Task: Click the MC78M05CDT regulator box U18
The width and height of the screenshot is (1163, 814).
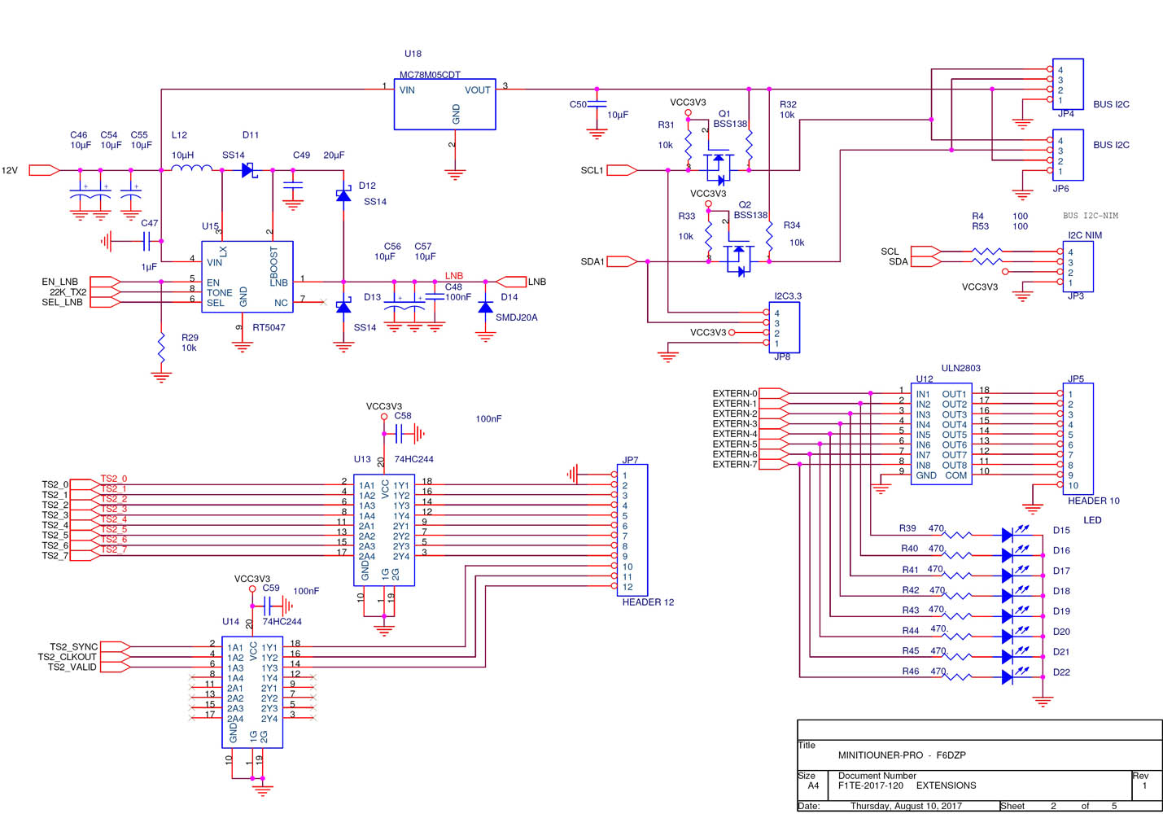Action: (444, 104)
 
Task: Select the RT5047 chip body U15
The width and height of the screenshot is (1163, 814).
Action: (247, 277)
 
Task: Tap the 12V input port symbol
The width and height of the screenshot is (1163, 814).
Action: (44, 170)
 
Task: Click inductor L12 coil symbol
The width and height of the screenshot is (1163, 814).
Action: (191, 169)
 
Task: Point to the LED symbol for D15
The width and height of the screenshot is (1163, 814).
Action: (1008, 535)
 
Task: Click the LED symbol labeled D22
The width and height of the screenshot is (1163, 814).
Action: (1008, 676)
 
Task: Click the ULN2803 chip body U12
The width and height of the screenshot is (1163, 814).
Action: (941, 435)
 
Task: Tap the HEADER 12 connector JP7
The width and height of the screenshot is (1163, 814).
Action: (632, 530)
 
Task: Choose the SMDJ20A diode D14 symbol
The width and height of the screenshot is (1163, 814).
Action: (486, 308)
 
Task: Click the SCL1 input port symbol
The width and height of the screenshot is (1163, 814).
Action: (621, 170)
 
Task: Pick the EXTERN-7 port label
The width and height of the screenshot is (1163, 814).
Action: (735, 465)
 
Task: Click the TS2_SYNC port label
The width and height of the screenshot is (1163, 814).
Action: (73, 647)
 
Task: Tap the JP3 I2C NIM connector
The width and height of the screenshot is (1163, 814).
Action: (1078, 267)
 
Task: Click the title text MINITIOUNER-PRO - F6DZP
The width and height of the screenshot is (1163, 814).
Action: (902, 755)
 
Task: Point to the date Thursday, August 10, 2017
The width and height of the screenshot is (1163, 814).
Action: (906, 806)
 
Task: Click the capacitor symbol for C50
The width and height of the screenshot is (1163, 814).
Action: (597, 104)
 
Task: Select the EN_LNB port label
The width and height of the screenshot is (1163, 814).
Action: (60, 282)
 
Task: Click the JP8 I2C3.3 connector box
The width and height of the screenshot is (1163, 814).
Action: (784, 328)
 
